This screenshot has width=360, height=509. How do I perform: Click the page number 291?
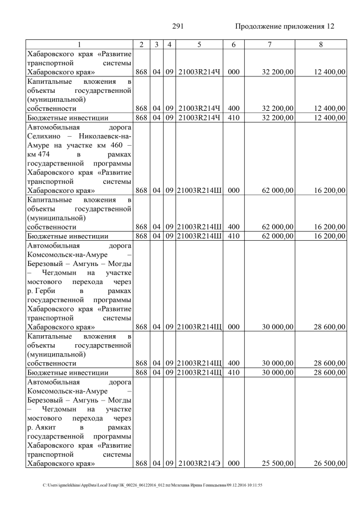(x=178, y=26)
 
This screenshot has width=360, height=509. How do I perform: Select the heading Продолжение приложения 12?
(x=285, y=26)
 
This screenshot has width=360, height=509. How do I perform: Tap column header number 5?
(x=199, y=44)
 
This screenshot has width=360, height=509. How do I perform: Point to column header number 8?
(x=321, y=44)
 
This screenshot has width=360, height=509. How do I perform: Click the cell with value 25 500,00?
(x=277, y=463)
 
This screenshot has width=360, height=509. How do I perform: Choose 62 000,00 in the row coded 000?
(x=277, y=191)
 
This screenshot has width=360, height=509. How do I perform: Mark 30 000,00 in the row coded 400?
(x=277, y=363)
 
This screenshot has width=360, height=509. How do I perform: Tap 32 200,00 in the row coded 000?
(x=277, y=72)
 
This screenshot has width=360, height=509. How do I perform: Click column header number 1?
(x=79, y=44)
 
